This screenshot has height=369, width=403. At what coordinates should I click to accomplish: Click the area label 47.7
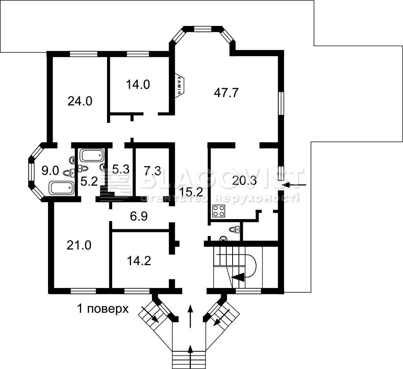[x=226, y=92]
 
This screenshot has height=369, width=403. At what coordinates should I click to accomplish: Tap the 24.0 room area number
[x=80, y=101]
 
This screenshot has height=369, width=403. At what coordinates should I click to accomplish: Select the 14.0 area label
[x=138, y=85]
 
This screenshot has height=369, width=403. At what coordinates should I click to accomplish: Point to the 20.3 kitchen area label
[x=244, y=181]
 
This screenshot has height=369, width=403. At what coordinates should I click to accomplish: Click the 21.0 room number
[x=79, y=245]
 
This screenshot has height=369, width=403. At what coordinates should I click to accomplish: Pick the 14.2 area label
[x=139, y=261]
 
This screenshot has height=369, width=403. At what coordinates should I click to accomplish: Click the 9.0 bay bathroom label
[x=50, y=171]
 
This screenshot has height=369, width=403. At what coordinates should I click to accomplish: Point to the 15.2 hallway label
[x=191, y=192]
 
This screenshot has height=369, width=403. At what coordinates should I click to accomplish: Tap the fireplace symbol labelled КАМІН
[x=180, y=85]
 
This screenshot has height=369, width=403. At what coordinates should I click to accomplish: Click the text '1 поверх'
[x=103, y=308]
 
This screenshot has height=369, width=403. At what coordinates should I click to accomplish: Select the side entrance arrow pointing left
[x=294, y=184]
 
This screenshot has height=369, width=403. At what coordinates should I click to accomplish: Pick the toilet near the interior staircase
[x=235, y=229]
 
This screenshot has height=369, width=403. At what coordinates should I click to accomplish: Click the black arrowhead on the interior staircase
[x=238, y=277]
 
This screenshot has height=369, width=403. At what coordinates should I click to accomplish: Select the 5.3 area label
[x=121, y=170]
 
